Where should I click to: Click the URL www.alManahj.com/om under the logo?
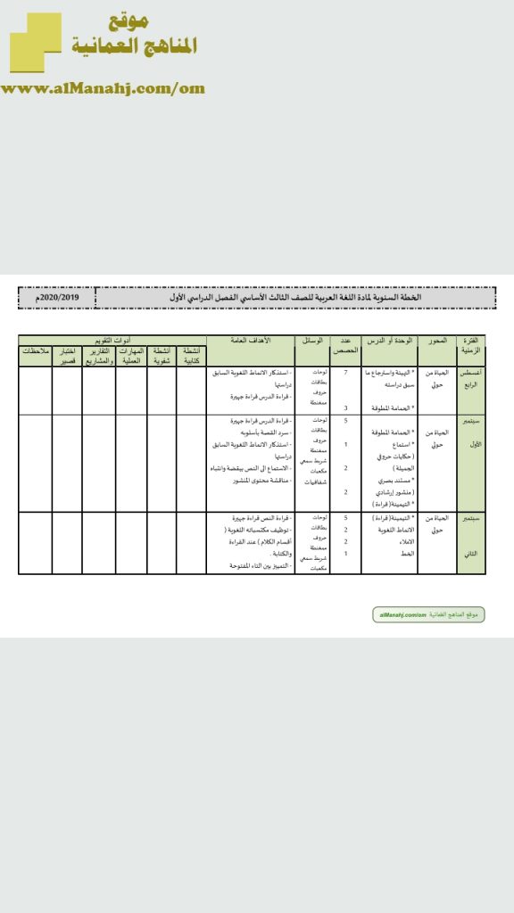point(103,88)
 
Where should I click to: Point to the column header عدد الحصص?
point(345,346)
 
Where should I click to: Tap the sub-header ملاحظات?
point(35,352)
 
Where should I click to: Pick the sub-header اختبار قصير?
point(67,356)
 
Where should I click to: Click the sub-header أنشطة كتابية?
point(192,356)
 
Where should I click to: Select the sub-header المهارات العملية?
point(131,356)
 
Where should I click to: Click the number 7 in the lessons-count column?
point(345,372)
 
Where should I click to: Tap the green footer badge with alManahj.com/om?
point(427,615)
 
